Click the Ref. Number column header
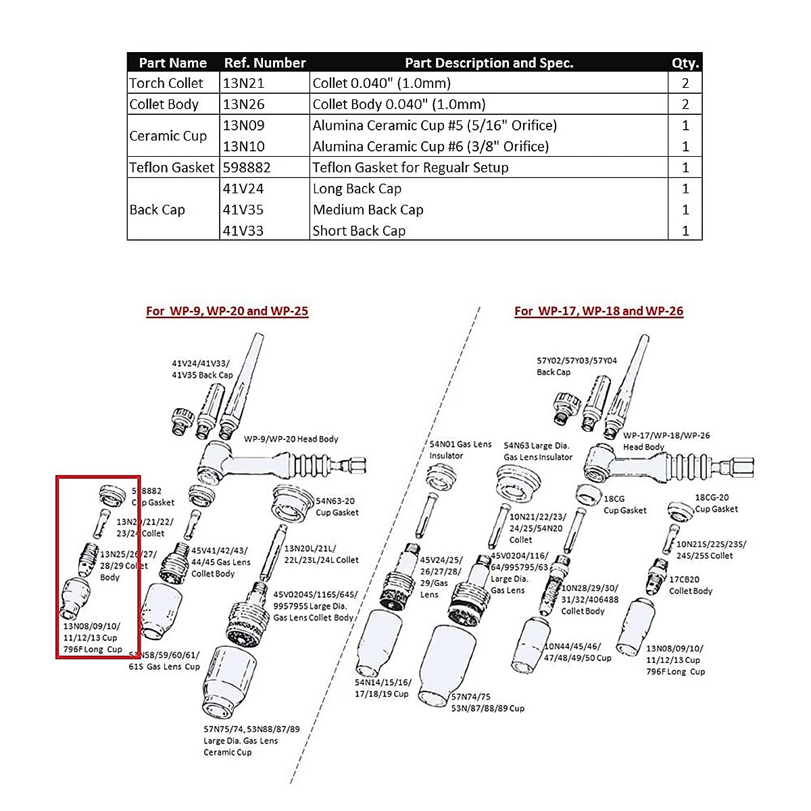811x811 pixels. (x=265, y=63)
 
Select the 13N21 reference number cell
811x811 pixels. (x=244, y=83)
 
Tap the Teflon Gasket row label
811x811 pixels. (x=172, y=168)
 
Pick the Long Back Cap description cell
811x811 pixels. (x=357, y=189)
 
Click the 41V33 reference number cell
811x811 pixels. (x=243, y=230)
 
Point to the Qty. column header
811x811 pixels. (x=685, y=63)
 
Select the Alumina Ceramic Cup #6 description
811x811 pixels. (x=431, y=146)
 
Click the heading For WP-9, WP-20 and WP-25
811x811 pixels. (x=227, y=311)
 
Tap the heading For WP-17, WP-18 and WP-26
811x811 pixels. (x=599, y=311)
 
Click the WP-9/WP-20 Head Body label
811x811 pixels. (x=291, y=439)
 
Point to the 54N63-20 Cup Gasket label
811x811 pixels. (x=337, y=507)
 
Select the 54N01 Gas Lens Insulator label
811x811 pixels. (x=460, y=449)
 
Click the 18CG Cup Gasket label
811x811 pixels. (x=624, y=505)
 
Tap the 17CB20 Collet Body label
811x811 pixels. (x=691, y=585)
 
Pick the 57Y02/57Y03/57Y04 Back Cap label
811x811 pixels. (x=576, y=366)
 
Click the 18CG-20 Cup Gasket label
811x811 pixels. (x=716, y=503)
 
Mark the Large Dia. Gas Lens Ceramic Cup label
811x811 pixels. (x=251, y=741)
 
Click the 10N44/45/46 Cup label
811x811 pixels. (x=578, y=652)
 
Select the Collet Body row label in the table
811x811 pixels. (x=164, y=104)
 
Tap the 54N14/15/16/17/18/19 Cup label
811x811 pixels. (x=383, y=688)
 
